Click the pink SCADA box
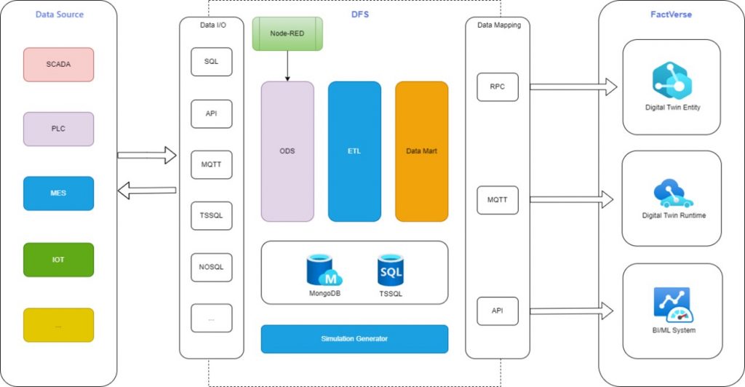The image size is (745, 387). click(58, 64)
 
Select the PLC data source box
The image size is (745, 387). click(58, 129)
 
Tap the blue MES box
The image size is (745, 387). click(58, 193)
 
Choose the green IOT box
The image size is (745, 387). click(58, 259)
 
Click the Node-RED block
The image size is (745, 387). click(287, 34)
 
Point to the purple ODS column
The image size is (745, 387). click(287, 151)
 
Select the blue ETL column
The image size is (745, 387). click(354, 151)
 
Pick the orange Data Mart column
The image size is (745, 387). click(421, 151)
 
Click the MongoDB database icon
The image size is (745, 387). click(324, 271)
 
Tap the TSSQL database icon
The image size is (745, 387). click(391, 271)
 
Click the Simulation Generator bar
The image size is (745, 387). click(354, 339)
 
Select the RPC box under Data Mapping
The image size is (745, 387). click(498, 87)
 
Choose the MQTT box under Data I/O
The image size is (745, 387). click(212, 164)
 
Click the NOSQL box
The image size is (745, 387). click(212, 267)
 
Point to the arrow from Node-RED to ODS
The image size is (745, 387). click(287, 66)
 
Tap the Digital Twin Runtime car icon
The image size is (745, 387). click(672, 193)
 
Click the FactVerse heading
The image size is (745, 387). click(672, 14)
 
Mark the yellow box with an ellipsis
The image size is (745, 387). click(58, 325)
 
